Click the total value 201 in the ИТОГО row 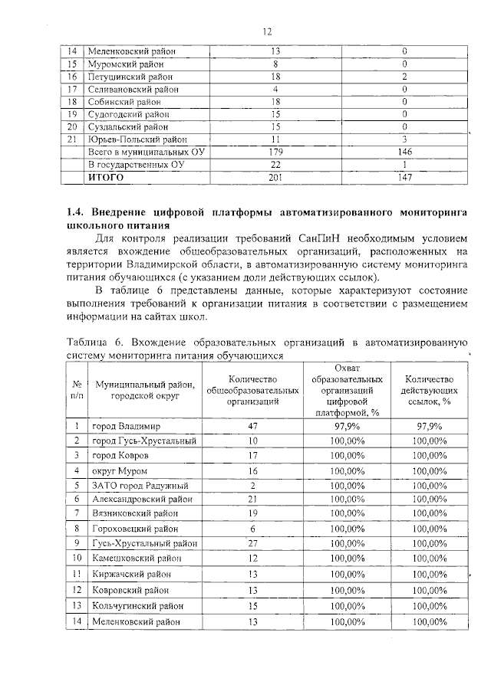click(x=274, y=178)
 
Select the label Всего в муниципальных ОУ click(x=139, y=152)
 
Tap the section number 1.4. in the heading click(x=75, y=211)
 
